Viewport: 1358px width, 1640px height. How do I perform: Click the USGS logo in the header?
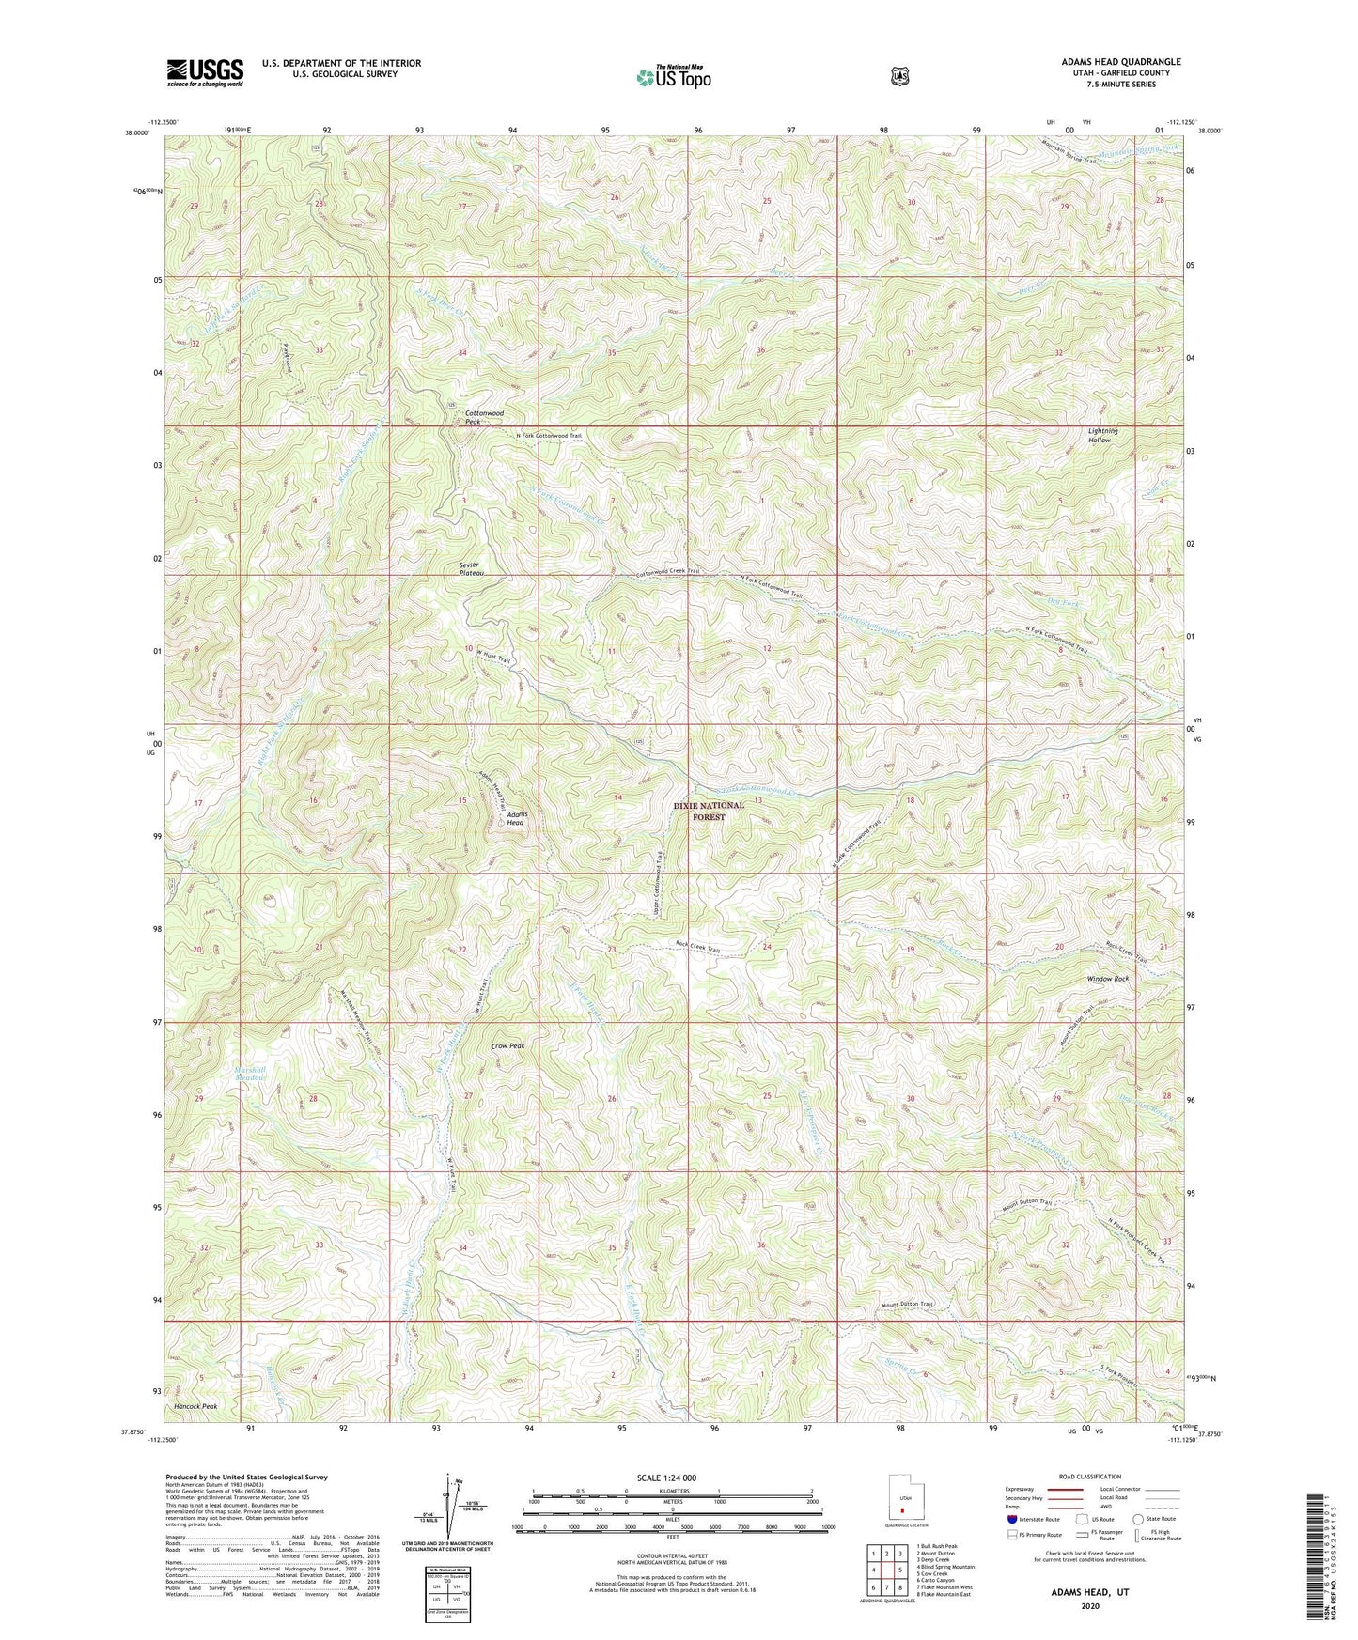(x=205, y=71)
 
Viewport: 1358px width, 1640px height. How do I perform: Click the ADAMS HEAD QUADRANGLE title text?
(x=1121, y=61)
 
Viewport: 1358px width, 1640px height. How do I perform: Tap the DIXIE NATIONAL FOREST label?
(x=710, y=811)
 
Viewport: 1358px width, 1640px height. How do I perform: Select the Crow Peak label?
(x=507, y=1044)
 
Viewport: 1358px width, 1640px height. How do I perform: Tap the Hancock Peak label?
(x=195, y=1406)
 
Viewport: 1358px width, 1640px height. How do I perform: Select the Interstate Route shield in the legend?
(x=1011, y=1518)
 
